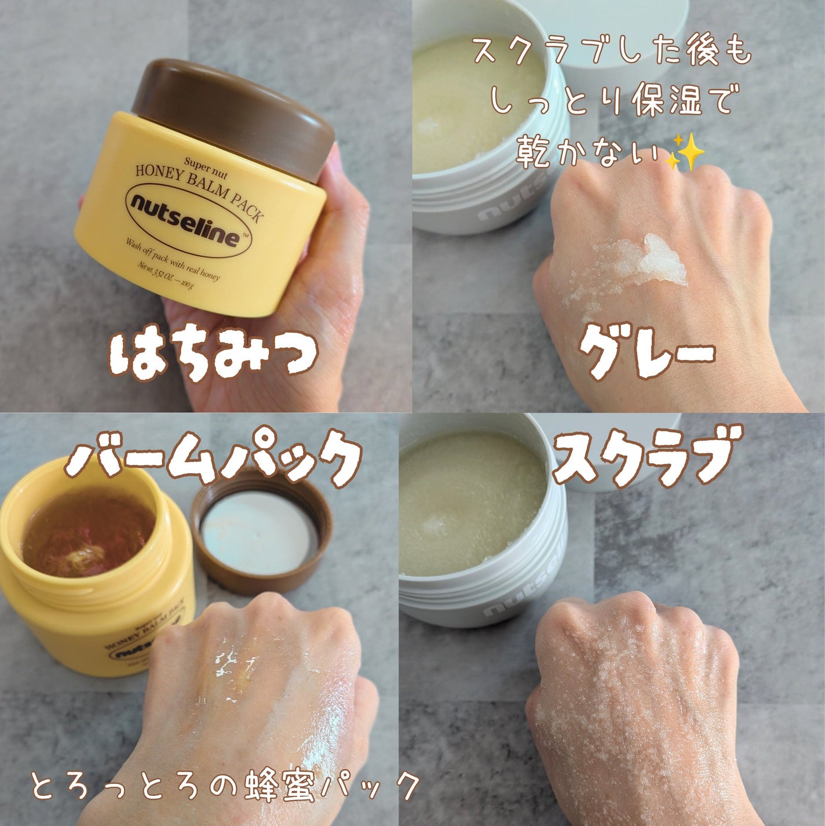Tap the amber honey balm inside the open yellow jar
click(x=87, y=533)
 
